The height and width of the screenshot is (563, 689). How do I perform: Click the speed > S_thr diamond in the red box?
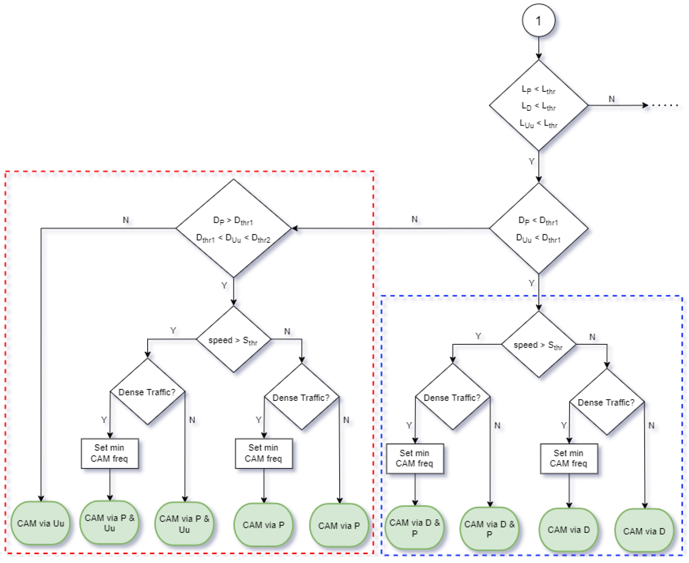(234, 340)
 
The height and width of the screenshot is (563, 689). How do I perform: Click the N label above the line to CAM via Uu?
(126, 220)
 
